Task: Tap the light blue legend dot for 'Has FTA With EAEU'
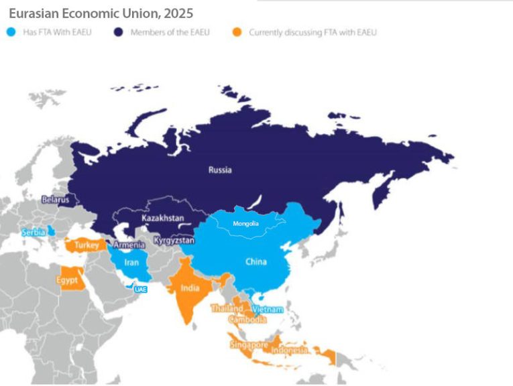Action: [11, 32]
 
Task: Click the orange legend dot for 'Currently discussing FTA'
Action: [237, 32]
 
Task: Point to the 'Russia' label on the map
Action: [219, 170]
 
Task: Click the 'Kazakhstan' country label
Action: [163, 218]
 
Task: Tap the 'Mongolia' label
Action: [245, 223]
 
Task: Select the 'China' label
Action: [256, 261]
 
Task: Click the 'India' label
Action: [190, 289]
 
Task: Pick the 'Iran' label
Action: [131, 263]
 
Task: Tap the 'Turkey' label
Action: [87, 245]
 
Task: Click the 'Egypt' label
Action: [66, 279]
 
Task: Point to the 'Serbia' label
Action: [34, 232]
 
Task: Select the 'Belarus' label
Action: [55, 199]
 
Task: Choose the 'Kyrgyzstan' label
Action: [174, 239]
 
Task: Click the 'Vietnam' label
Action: [268, 310]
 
